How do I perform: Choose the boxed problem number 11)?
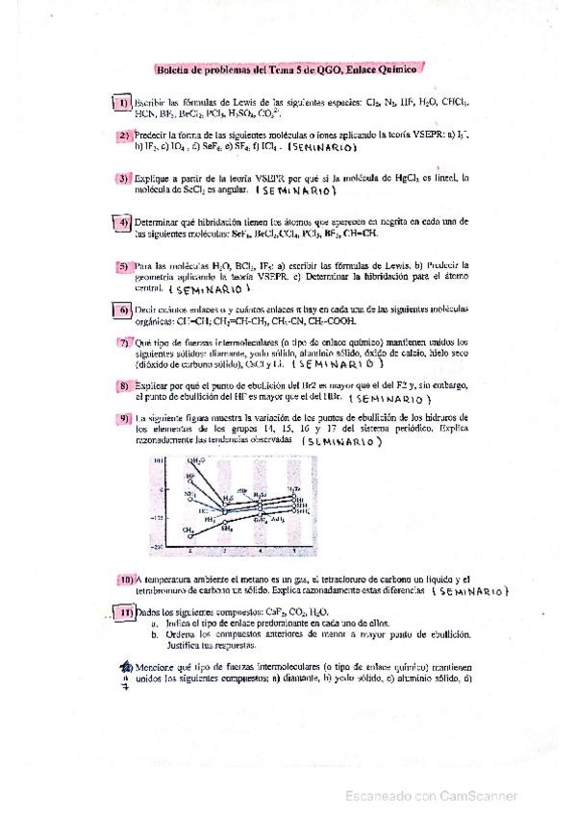[125, 613]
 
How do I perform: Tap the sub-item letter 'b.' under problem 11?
[154, 635]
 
